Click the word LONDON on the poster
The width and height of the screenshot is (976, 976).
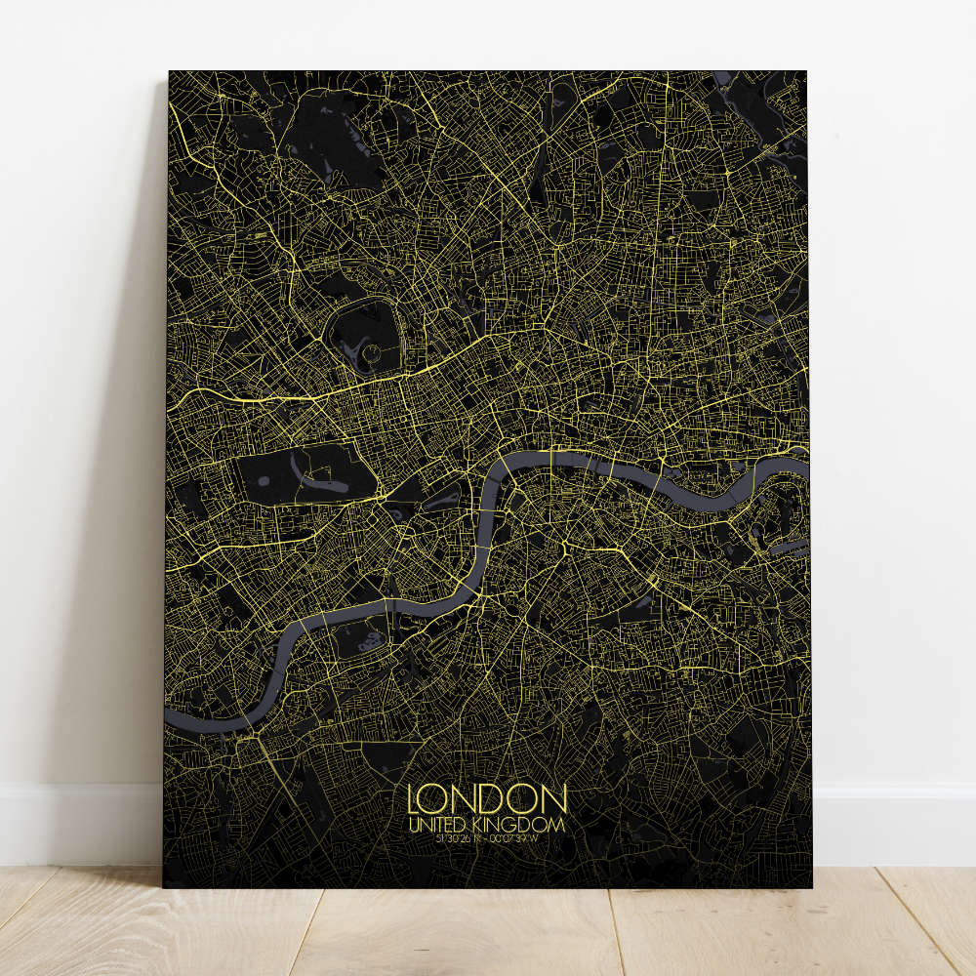point(487,798)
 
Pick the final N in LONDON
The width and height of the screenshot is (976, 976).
point(553,798)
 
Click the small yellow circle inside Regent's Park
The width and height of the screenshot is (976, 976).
point(371,349)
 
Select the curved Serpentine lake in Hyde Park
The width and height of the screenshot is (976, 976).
point(322,478)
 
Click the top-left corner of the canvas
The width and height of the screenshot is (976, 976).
point(170,72)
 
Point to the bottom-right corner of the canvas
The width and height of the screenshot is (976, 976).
point(810,886)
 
